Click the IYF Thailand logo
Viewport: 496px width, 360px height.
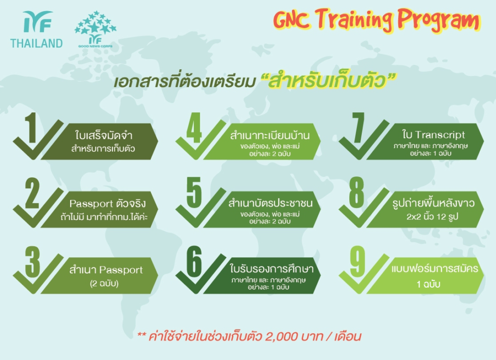click(36, 30)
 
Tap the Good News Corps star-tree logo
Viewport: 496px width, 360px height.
click(95, 29)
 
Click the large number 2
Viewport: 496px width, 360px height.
click(32, 193)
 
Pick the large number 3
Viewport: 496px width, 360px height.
click(32, 262)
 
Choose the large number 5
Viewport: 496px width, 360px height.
click(194, 193)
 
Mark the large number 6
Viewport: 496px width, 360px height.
click(194, 262)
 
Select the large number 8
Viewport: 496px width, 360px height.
click(357, 193)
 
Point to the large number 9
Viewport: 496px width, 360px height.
click(357, 262)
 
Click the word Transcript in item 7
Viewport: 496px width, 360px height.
click(440, 135)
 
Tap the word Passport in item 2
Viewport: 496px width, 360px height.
click(91, 203)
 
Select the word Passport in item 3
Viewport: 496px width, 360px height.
click(121, 270)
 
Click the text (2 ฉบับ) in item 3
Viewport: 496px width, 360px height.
click(104, 283)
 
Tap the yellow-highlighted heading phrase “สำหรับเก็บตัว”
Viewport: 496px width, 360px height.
click(328, 80)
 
